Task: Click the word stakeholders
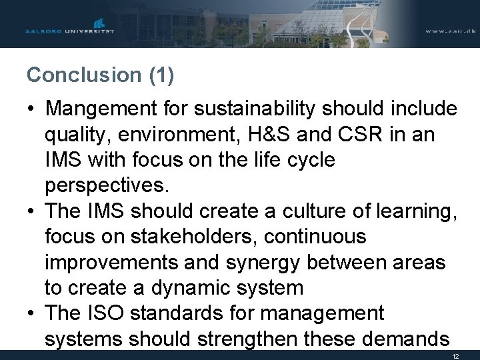[x=162, y=237]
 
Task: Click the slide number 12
[x=455, y=356]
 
